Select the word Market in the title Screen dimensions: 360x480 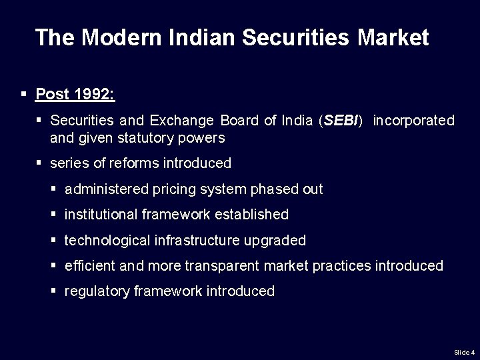[393, 37]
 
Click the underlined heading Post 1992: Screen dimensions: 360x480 [75, 94]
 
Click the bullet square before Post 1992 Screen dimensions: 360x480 [24, 94]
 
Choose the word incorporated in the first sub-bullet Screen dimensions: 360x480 [413, 121]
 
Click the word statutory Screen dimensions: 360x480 [147, 138]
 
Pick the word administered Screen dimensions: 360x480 [106, 189]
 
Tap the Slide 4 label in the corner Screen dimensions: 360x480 [464, 351]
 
